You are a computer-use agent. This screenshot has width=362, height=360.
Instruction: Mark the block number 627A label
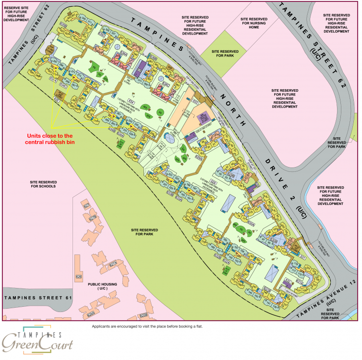pyautogui.click(x=114, y=264)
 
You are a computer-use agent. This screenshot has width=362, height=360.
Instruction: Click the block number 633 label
pyautogui.click(x=195, y=102)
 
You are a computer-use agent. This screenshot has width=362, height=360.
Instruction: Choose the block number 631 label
pyautogui.click(x=303, y=257)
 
